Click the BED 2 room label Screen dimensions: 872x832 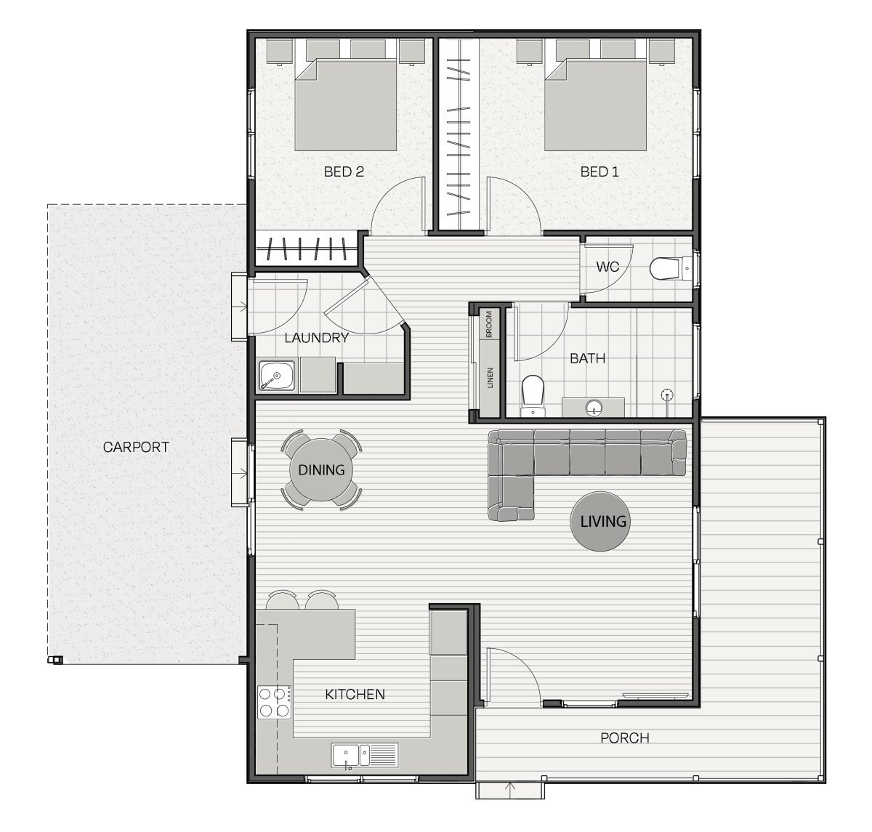[344, 171]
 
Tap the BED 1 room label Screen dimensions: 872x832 [599, 171]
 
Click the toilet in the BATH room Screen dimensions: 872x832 [533, 396]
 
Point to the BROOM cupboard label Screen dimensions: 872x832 [489, 324]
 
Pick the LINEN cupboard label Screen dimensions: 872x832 [490, 378]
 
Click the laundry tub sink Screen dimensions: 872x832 [277, 376]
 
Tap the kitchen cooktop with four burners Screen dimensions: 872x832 [275, 702]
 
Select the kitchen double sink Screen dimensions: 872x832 [365, 755]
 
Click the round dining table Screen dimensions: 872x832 [321, 469]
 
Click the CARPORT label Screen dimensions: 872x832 [136, 447]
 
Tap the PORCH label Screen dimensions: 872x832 [624, 738]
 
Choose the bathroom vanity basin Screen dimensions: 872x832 [594, 408]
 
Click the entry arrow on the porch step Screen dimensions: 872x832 [510, 788]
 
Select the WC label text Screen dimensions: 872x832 [607, 267]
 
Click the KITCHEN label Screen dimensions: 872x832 [355, 694]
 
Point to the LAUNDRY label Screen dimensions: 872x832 [316, 338]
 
